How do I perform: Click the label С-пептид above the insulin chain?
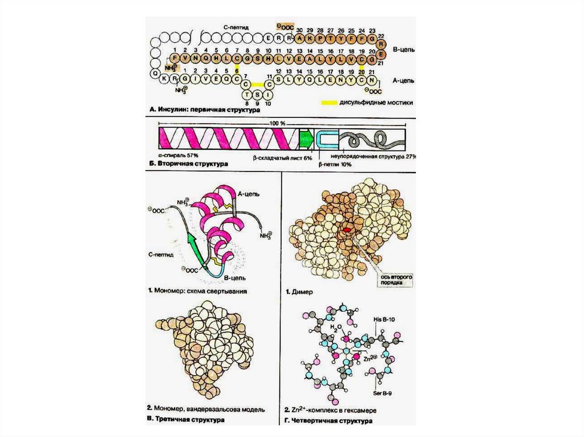pos(236,26)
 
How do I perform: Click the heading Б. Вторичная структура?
pos(188,164)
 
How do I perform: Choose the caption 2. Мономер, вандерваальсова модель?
pos(206,409)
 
